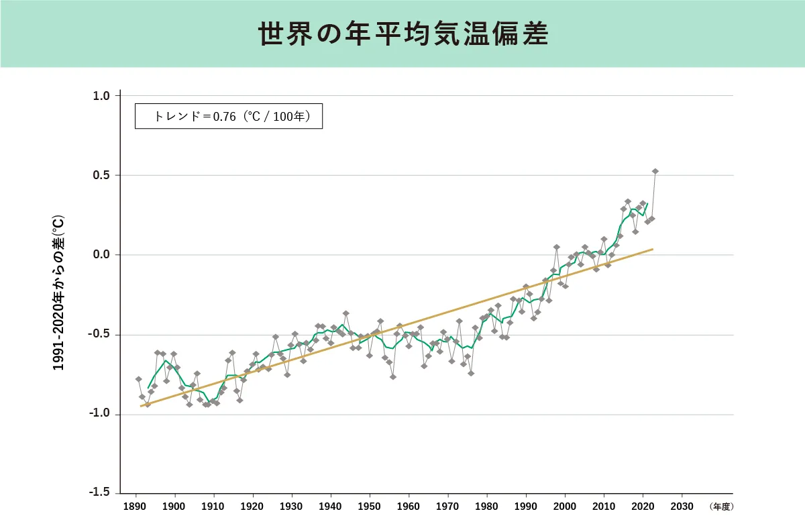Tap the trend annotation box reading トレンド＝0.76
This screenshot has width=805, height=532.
click(229, 116)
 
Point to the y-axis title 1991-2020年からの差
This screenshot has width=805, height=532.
click(59, 293)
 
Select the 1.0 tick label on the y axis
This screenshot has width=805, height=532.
click(101, 96)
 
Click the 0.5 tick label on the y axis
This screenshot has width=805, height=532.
click(101, 176)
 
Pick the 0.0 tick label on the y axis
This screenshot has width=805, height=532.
click(101, 255)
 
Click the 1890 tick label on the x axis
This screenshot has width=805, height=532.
click(136, 507)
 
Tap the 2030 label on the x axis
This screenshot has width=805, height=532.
click(682, 507)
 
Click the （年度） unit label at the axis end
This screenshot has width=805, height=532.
click(721, 507)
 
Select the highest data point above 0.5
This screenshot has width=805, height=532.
click(655, 171)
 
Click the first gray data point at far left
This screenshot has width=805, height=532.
click(138, 379)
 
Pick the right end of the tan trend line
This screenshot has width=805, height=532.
click(653, 249)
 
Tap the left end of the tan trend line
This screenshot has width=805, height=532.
click(140, 406)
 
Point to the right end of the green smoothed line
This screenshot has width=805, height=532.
click(647, 203)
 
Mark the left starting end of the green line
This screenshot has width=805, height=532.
click(148, 388)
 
